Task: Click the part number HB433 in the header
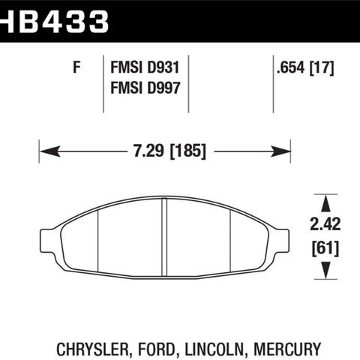pyautogui.click(x=54, y=21)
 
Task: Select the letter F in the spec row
pyautogui.click(x=76, y=67)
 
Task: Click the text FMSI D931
pyautogui.click(x=145, y=67)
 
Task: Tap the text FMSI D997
pyautogui.click(x=145, y=88)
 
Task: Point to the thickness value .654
pyautogui.click(x=291, y=67)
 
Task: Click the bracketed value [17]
pyautogui.click(x=322, y=67)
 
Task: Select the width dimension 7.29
pyautogui.click(x=148, y=151)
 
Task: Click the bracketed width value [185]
pyautogui.click(x=188, y=151)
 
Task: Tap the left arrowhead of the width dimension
pyautogui.click(x=50, y=151)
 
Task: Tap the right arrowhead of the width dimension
pyautogui.click(x=280, y=151)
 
